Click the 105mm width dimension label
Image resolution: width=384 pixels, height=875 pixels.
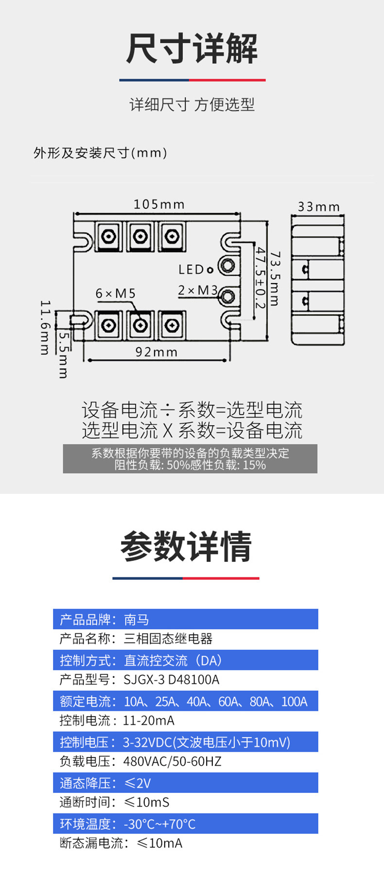[159, 204]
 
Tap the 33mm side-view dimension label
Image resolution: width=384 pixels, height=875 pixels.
[318, 207]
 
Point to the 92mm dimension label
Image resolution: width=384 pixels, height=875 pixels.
[157, 352]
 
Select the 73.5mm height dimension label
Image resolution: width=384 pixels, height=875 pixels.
[275, 279]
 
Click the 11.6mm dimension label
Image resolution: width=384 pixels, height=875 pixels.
[45, 328]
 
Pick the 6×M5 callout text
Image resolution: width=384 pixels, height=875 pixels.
[115, 294]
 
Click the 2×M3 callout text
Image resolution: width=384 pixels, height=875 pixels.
[197, 290]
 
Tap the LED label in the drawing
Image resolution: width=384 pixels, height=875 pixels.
[191, 269]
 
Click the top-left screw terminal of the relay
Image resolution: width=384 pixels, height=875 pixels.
[109, 236]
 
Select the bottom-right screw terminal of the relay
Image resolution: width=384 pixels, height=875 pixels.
[172, 325]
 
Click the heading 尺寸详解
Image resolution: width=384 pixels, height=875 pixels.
[192, 49]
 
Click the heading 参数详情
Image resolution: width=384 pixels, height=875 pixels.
[186, 546]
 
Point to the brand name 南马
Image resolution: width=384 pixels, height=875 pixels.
[137, 620]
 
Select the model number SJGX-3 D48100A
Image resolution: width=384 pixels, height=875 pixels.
[171, 680]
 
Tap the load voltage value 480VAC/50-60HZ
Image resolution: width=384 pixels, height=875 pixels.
[172, 761]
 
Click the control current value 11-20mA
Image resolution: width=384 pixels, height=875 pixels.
[148, 721]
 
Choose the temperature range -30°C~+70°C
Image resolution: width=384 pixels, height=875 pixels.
[159, 824]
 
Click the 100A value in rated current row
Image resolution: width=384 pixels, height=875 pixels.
[294, 702]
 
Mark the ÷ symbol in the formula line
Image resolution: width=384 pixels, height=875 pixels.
[167, 410]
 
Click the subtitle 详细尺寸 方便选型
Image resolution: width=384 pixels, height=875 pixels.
[192, 104]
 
